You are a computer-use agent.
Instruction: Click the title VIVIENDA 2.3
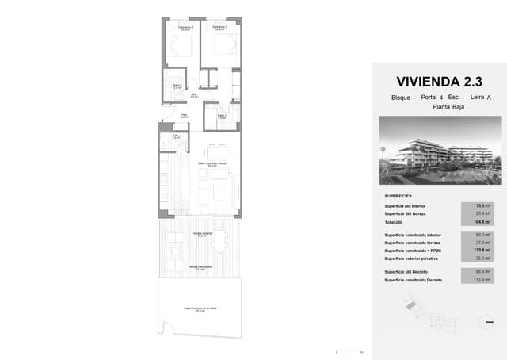click(x=439, y=82)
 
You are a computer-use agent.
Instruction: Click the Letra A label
click(x=480, y=97)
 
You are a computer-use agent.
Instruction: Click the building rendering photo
click(x=440, y=163)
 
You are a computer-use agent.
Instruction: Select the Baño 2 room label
click(x=178, y=86)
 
